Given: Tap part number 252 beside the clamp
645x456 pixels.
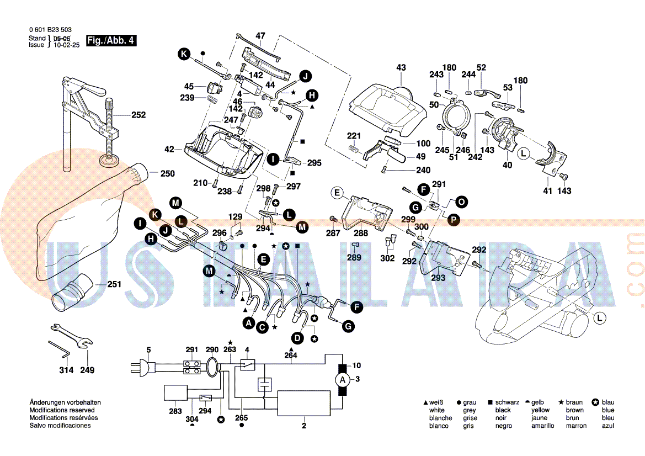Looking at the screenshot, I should coord(138,115).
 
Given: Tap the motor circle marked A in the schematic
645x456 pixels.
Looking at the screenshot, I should coord(342,379).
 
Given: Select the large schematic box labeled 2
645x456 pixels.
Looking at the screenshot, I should coord(303,403).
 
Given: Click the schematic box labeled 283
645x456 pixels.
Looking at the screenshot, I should coord(175,394).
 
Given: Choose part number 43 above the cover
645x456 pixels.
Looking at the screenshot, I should coord(401,67).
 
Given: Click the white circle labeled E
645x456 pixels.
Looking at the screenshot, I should coord(337,193).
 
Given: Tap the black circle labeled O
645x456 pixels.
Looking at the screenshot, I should coord(461,202).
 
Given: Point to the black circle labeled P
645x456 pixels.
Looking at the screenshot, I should coord(453,220).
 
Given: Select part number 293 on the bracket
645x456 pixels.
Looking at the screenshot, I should coord(438,278).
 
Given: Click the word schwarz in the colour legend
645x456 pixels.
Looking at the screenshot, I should coord(507,402).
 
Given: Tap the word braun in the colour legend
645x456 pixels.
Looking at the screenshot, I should coord(574,402).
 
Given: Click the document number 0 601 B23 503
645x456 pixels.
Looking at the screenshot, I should coord(50,30).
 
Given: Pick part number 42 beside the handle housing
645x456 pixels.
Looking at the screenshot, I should coord(169,149).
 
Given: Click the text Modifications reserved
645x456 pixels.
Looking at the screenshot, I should coord(62,410).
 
